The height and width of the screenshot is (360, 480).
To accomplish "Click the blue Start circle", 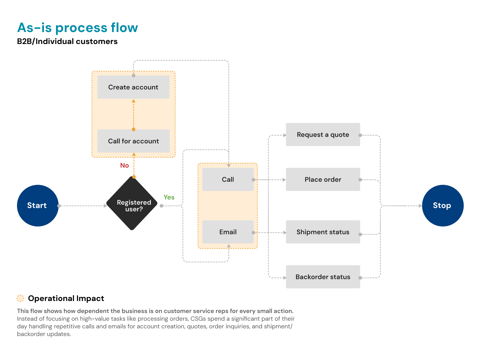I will (38, 206).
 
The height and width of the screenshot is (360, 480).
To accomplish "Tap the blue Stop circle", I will (442, 206).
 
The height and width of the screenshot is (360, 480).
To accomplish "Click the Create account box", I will (133, 87).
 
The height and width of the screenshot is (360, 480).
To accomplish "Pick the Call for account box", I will (133, 141).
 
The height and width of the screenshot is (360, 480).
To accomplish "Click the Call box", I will (228, 179).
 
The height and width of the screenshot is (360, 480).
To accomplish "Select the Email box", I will (228, 232).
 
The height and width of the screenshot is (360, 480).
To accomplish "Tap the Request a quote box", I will (323, 135).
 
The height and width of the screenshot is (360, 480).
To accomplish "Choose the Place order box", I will (323, 179).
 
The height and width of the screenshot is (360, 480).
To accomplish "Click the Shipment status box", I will (323, 232).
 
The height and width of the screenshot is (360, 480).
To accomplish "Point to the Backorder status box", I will (323, 277).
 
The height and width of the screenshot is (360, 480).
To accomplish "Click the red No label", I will (124, 165).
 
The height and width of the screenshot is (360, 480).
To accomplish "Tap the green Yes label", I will (169, 197).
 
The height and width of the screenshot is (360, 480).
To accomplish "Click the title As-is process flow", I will (77, 28).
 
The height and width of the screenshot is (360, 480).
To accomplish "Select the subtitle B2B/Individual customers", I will (67, 41).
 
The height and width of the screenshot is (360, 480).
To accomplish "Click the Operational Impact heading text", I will (66, 298).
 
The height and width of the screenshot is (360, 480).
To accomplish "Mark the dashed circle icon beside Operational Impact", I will (20, 298).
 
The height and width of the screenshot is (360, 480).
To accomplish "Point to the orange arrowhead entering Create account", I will (134, 101).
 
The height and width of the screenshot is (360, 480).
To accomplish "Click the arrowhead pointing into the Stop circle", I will (420, 206).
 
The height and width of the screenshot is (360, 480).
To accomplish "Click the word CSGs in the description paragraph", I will (198, 319).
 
